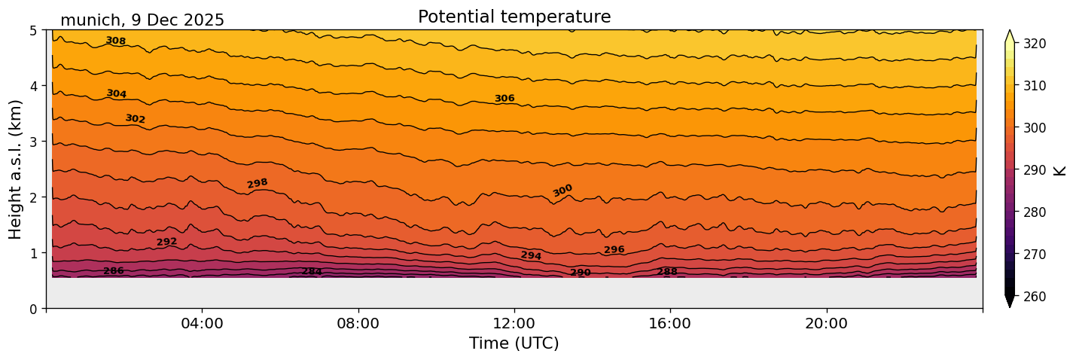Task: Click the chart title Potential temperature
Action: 514,17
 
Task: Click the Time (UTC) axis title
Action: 514,343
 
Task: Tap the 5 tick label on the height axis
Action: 34,31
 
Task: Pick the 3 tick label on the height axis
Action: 34,142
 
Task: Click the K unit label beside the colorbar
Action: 1060,170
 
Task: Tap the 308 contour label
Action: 115,41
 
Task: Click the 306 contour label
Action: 504,99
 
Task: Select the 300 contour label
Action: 562,191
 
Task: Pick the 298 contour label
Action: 258,183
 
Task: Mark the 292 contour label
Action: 166,242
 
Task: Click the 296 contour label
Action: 614,250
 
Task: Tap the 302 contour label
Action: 136,119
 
